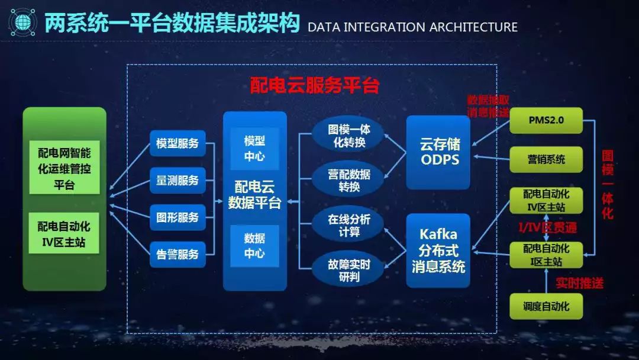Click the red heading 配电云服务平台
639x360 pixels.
point(314,86)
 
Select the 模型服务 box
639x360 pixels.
point(177,143)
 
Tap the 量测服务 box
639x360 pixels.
point(177,180)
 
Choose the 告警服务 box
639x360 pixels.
point(177,255)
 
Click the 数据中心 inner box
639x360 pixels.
point(254,246)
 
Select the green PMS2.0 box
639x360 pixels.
point(546,120)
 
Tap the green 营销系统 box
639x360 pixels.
point(546,159)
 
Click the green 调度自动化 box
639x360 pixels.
point(546,306)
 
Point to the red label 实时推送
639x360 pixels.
point(580,284)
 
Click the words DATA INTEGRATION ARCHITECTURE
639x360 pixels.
point(412,27)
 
